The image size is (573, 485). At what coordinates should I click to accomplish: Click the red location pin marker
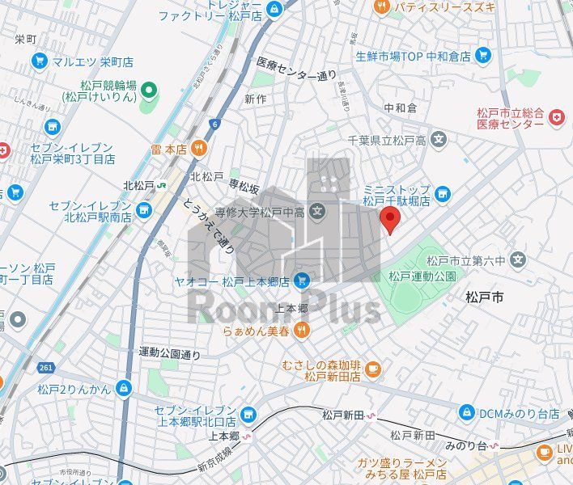[x=390, y=218]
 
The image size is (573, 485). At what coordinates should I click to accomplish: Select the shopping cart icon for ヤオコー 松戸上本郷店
[x=301, y=280]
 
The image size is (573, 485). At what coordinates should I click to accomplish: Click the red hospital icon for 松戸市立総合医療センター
[x=556, y=118]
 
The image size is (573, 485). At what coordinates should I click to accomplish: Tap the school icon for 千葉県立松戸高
[x=439, y=139]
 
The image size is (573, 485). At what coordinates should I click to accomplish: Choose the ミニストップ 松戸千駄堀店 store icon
[x=443, y=193]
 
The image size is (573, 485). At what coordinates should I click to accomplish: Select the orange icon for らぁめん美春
[x=301, y=328]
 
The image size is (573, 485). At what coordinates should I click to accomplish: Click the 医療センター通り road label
[x=296, y=69]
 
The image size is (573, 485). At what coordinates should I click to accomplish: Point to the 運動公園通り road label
[x=168, y=352]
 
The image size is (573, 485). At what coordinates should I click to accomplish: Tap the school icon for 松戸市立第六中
[x=518, y=260]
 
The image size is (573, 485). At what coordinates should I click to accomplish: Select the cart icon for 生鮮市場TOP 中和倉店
[x=483, y=56]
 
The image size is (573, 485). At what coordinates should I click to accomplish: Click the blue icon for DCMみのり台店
[x=467, y=412]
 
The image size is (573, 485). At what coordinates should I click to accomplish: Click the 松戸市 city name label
[x=485, y=297]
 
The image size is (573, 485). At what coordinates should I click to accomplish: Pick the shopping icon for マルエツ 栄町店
[x=39, y=61]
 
